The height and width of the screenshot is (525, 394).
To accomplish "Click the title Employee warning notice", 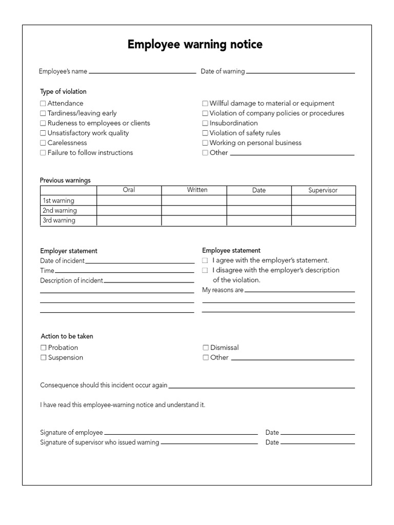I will (195, 45).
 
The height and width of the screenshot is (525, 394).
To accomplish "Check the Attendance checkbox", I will (43, 104).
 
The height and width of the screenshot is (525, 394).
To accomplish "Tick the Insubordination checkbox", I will (205, 123).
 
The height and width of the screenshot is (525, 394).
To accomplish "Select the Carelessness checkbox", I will (43, 143).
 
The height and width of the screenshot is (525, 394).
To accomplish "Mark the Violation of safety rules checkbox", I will (205, 133).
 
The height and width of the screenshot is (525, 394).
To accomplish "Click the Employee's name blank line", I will (142, 72).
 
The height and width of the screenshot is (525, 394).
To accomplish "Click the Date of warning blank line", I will (300, 72).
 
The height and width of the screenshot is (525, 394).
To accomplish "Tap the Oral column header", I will (129, 190).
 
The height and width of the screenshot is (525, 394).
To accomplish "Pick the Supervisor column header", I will (323, 190).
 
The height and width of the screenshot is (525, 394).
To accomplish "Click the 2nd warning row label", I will (60, 211).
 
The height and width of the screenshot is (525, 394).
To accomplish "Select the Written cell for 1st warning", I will (194, 200).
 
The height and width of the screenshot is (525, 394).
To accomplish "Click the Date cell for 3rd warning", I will (259, 220).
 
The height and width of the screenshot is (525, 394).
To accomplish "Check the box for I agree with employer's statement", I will (205, 260).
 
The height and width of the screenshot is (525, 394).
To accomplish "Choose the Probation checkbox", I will (44, 348).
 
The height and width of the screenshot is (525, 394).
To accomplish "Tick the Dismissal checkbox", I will (206, 348).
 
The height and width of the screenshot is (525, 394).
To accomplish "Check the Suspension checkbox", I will (44, 358).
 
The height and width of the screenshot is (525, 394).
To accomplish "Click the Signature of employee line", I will (181, 433).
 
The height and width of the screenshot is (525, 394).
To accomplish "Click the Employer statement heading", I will (69, 251).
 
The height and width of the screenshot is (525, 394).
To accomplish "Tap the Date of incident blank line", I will (140, 262).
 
